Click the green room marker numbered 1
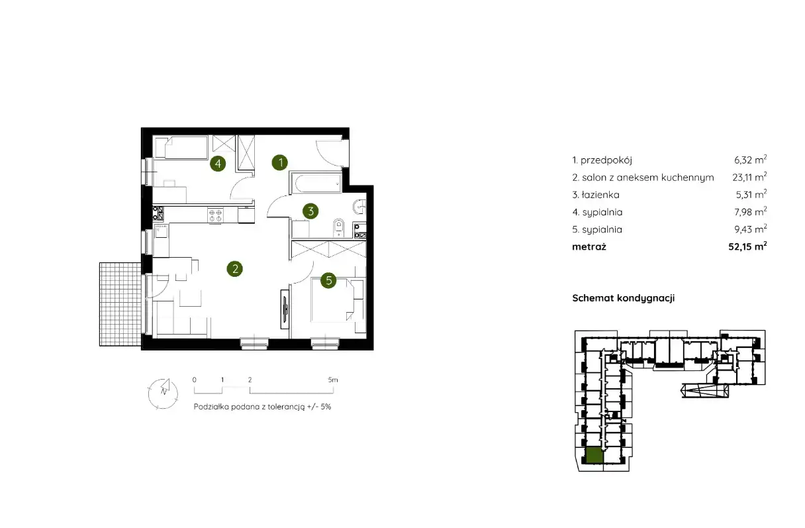(280, 162)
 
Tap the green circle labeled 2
(235, 269)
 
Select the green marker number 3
(311, 211)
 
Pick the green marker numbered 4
(218, 164)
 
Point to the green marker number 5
(328, 280)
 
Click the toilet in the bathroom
(338, 228)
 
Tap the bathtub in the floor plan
(316, 184)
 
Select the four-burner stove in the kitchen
(215, 215)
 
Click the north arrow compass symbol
(163, 394)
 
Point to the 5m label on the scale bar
(333, 380)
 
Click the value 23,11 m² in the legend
(749, 177)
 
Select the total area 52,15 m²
(747, 246)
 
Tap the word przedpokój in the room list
(606, 160)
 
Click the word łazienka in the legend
(600, 195)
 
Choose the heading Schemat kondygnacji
(624, 298)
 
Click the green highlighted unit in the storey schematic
(594, 455)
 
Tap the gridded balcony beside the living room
(120, 304)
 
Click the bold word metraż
(589, 246)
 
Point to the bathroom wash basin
(359, 207)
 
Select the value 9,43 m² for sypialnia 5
(751, 229)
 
